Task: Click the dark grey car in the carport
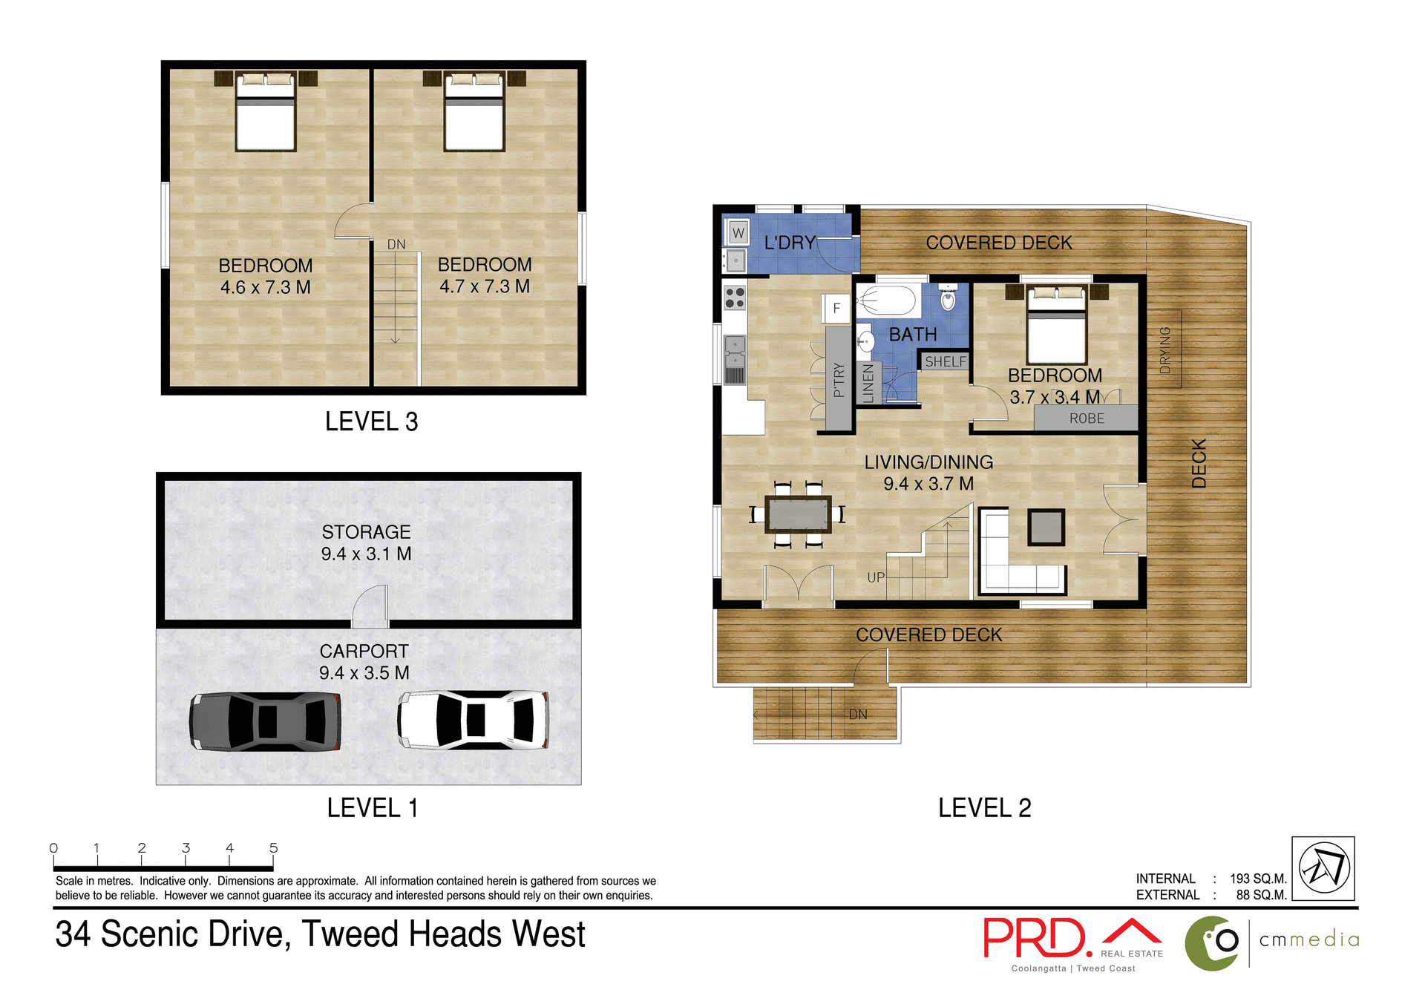265,721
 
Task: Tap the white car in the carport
474,719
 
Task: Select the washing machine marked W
738,232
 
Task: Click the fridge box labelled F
836,308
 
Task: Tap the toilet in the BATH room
948,298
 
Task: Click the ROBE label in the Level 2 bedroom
1087,419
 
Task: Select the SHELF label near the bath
946,361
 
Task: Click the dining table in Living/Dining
798,514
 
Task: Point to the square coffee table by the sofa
1046,527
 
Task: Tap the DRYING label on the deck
1164,350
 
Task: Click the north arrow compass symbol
1323,868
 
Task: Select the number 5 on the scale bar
273,847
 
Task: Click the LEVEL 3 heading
371,422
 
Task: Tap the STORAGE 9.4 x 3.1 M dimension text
366,554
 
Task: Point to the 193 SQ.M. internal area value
1257,879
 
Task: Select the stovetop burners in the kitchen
735,298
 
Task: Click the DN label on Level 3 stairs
396,244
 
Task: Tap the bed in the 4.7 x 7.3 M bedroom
474,113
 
